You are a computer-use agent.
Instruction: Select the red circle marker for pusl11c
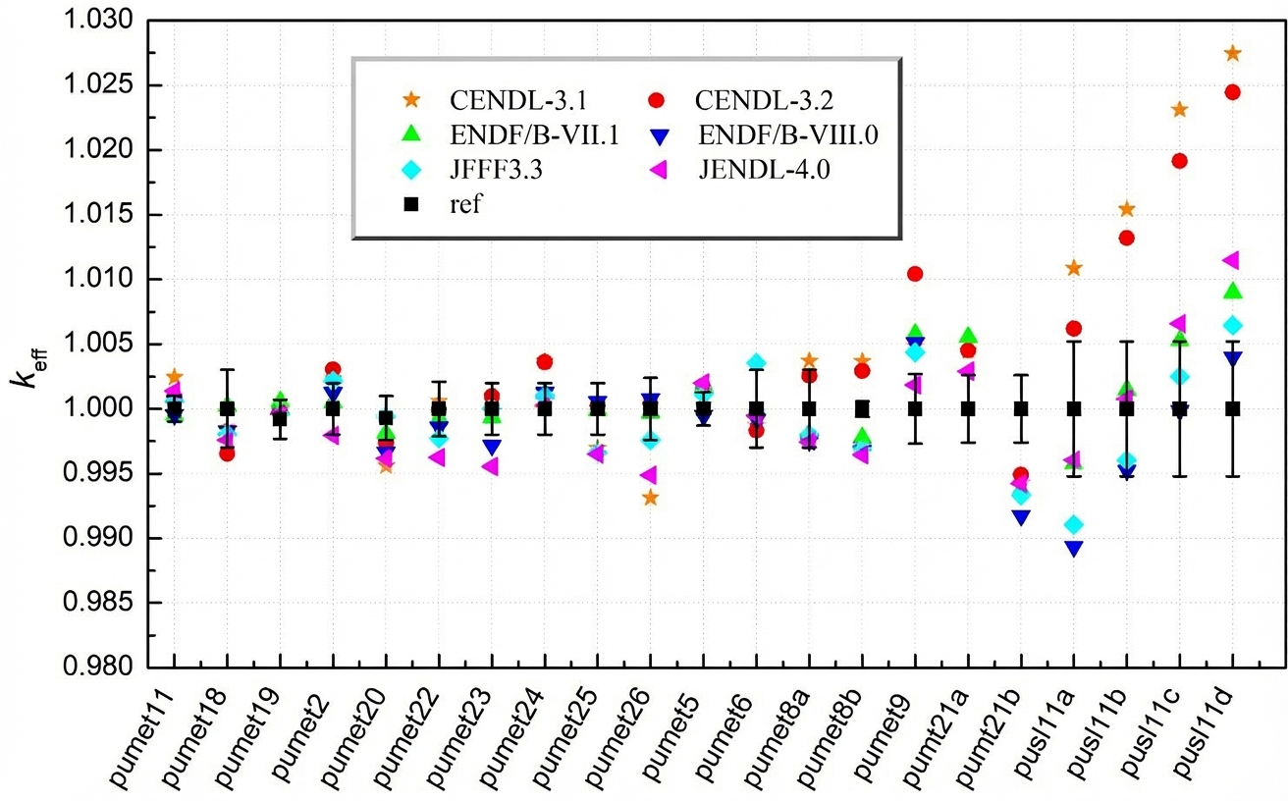tap(1179, 161)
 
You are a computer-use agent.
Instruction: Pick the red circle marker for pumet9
tap(914, 274)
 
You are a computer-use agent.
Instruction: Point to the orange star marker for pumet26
tap(649, 498)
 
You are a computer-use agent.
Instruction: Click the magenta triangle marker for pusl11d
tap(1231, 260)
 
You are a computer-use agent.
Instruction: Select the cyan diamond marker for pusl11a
tap(1074, 525)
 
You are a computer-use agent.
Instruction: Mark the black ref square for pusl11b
tap(1126, 408)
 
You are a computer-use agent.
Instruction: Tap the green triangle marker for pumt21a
tap(968, 336)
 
